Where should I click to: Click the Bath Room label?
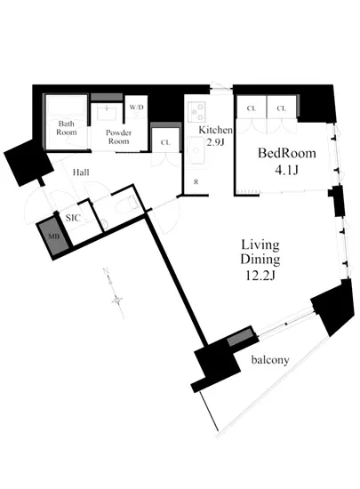coord(67,128)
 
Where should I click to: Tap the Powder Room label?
coord(118,137)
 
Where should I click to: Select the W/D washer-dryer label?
coord(137,108)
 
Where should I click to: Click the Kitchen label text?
coord(216,130)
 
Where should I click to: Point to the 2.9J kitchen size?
coord(216,142)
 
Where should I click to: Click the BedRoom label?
coord(287,153)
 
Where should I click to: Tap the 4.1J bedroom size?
coord(287,171)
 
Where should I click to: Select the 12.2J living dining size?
coord(260,276)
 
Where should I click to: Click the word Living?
coord(260,245)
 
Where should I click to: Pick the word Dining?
coord(260,260)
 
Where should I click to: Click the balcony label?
coord(270,360)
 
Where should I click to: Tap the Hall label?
coord(81,172)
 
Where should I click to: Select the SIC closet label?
coord(73,218)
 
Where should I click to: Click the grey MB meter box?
coord(53,236)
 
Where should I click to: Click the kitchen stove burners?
coord(197,112)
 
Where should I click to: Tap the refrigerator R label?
coord(196,182)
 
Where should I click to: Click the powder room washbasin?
coord(108,113)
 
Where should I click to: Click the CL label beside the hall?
coord(165,143)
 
